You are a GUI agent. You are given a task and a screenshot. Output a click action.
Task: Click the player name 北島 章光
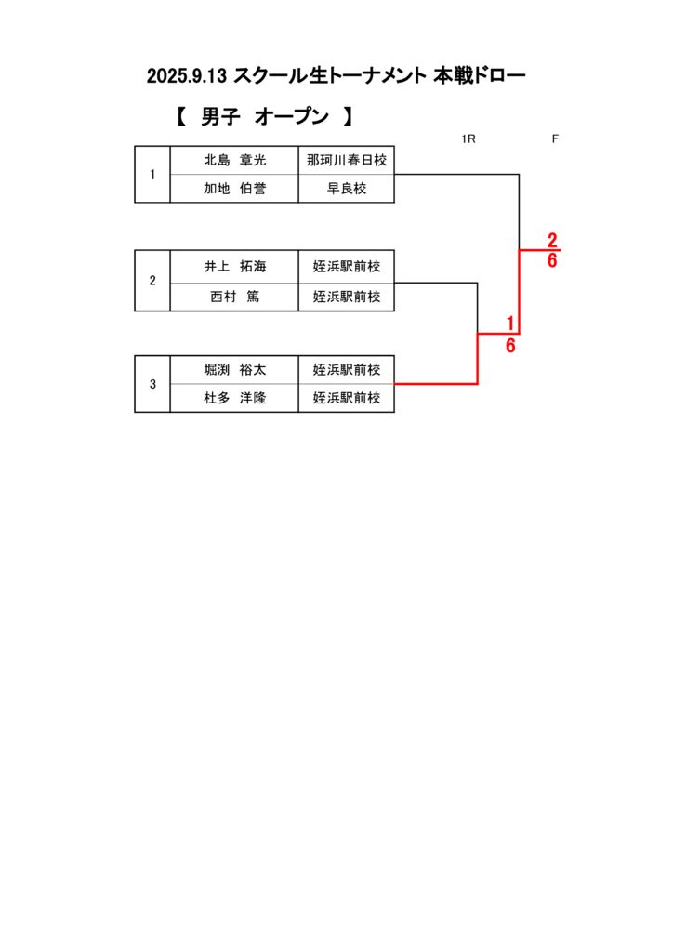[234, 161]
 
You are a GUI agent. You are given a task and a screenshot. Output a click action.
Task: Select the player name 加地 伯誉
[234, 189]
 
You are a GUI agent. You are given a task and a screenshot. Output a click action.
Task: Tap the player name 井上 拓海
[234, 267]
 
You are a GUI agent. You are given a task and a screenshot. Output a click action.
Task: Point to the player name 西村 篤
[234, 297]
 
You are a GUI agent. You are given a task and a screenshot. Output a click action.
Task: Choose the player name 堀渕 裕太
[234, 369]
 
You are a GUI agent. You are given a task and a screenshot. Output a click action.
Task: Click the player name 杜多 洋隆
[234, 398]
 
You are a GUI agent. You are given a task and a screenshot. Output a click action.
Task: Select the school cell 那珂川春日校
[347, 161]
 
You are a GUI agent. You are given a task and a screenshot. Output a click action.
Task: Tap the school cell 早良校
[347, 189]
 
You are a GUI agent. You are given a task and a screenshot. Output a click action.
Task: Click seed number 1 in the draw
[152, 175]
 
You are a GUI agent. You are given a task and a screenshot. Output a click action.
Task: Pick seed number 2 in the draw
[152, 281]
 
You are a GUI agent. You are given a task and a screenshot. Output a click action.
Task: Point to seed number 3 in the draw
[152, 384]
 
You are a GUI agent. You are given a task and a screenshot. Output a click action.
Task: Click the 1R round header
[468, 139]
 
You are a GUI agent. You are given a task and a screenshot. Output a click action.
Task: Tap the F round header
[555, 139]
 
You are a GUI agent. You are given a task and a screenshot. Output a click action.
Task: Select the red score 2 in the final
[552, 240]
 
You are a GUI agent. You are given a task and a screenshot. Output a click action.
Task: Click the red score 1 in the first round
[510, 323]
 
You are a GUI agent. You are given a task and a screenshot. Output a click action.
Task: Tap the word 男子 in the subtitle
[221, 117]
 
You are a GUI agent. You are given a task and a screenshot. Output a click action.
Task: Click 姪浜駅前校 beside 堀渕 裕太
[347, 369]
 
